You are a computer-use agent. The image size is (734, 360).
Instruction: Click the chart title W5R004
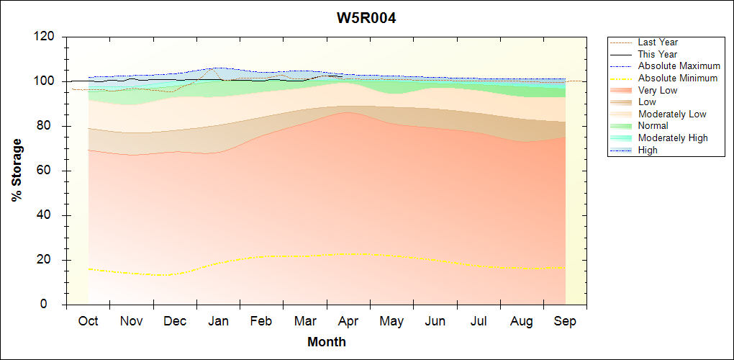(x=366, y=18)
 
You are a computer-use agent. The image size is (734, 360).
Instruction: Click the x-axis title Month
(x=326, y=342)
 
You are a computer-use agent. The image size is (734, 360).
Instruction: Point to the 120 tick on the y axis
(x=45, y=37)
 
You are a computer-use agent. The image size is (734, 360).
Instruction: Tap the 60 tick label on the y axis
(x=48, y=171)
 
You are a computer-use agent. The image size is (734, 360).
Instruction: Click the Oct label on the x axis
(x=88, y=322)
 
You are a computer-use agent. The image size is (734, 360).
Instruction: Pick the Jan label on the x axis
(x=218, y=322)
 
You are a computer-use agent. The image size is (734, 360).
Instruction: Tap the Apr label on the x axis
(x=348, y=322)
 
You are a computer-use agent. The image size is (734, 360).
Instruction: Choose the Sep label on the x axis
(x=565, y=322)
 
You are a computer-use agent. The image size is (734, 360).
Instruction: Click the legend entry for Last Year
(x=658, y=42)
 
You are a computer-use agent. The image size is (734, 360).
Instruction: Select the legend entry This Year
(x=658, y=54)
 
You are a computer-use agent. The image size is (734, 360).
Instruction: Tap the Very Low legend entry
(x=658, y=90)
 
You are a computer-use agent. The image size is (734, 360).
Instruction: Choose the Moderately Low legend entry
(x=672, y=114)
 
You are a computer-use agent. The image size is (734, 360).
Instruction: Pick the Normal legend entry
(x=653, y=126)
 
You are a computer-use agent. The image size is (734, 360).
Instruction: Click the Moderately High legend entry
(x=673, y=138)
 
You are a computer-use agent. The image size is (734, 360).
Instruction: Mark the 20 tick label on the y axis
(x=48, y=260)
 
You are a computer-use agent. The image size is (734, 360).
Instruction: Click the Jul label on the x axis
(x=479, y=322)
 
